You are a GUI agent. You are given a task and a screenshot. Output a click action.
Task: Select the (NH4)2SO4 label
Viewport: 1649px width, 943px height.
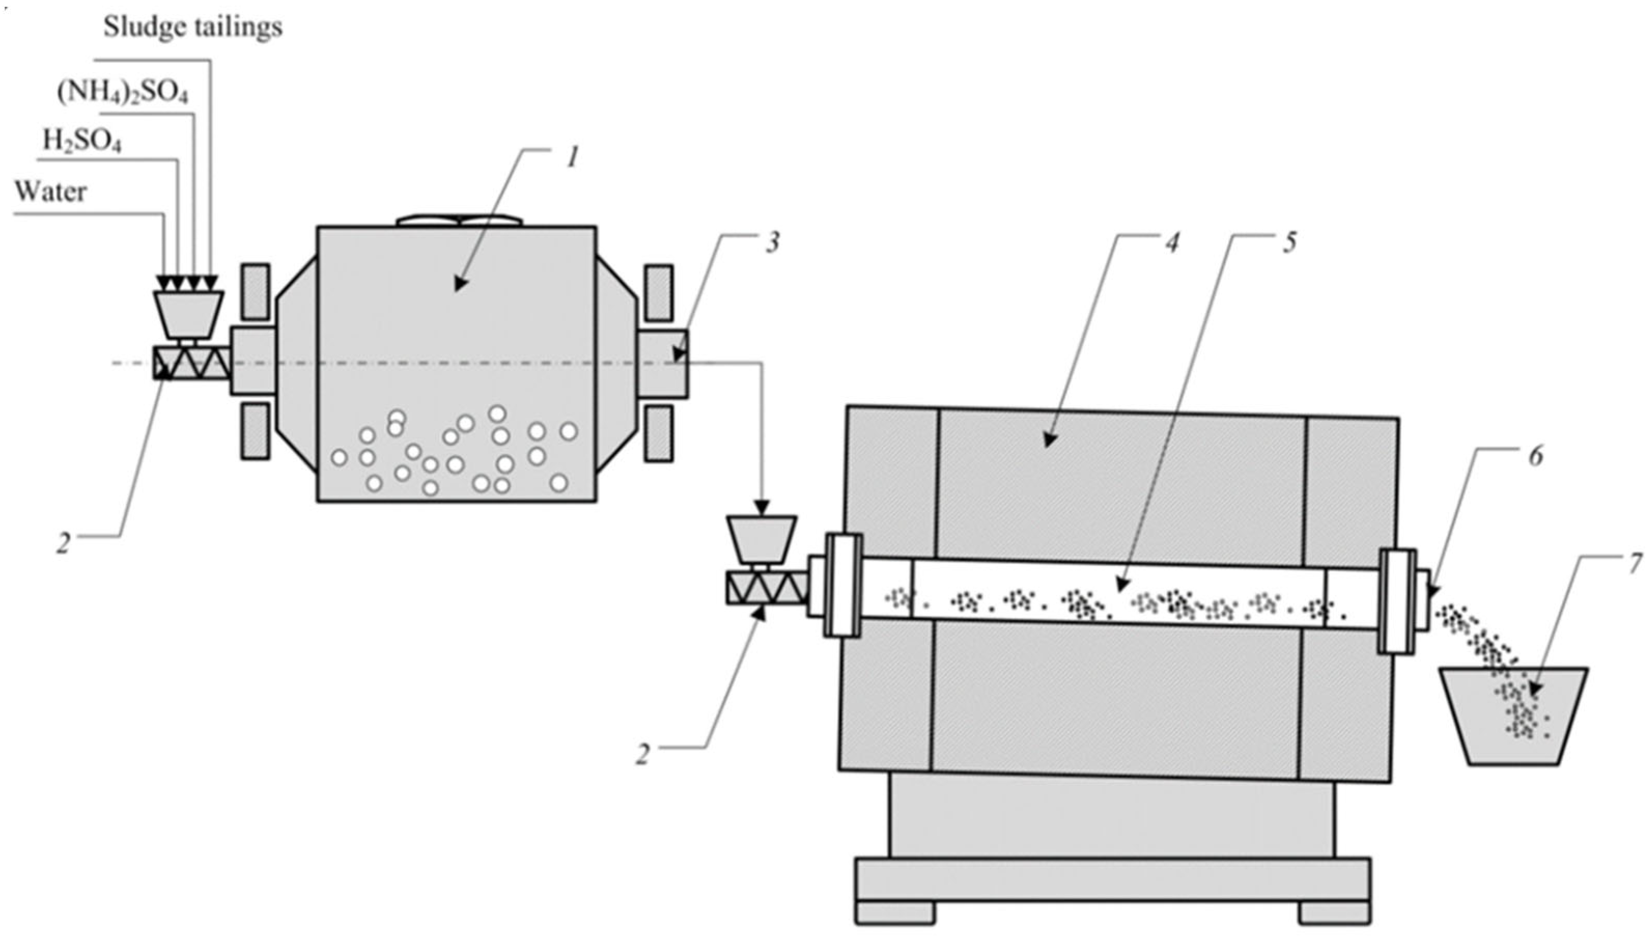click(x=123, y=93)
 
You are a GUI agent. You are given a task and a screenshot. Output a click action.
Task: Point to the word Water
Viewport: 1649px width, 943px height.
click(x=50, y=192)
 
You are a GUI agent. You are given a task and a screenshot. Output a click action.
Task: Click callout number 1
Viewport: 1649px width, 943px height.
click(x=571, y=158)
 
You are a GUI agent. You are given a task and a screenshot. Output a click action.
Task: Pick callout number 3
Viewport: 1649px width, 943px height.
click(x=772, y=244)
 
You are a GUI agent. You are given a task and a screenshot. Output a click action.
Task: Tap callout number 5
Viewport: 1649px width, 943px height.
click(x=1289, y=244)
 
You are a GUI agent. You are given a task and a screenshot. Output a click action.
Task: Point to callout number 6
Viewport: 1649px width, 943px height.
click(x=1535, y=457)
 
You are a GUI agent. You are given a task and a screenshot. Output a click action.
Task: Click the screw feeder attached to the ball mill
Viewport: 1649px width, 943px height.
click(x=192, y=363)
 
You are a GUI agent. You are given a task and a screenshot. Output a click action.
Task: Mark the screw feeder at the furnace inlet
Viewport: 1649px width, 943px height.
click(x=766, y=588)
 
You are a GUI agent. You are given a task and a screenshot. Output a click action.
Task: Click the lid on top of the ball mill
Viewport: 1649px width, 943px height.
click(x=459, y=221)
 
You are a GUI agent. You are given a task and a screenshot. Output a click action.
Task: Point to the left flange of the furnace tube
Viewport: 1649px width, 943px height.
click(x=843, y=585)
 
